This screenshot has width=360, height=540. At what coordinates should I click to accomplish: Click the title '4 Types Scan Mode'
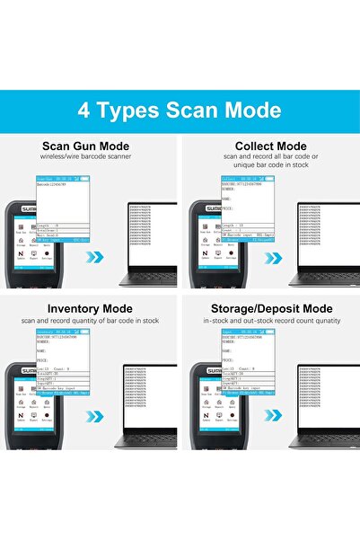(180, 111)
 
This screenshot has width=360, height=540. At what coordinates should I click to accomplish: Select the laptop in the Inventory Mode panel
(146, 400)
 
